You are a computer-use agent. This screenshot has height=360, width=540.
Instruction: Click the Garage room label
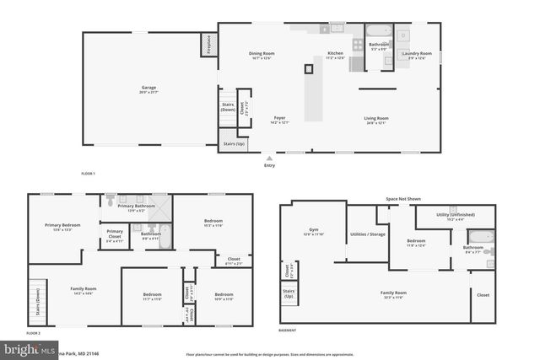[x=148, y=89]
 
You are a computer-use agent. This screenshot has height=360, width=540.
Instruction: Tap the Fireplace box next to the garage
[x=205, y=45]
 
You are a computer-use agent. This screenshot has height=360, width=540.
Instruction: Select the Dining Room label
[x=262, y=56]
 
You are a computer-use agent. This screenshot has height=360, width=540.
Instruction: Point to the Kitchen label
[x=336, y=56]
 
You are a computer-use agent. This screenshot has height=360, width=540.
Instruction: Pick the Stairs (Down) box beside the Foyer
[x=228, y=107]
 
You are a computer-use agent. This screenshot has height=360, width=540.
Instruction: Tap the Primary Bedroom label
[x=63, y=227]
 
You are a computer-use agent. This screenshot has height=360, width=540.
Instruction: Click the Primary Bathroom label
[x=135, y=207]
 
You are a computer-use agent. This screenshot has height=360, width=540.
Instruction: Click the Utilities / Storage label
[x=368, y=234]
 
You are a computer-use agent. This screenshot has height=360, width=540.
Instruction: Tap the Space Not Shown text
[x=402, y=199]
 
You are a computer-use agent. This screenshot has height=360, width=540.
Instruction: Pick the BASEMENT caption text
[x=289, y=331]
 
